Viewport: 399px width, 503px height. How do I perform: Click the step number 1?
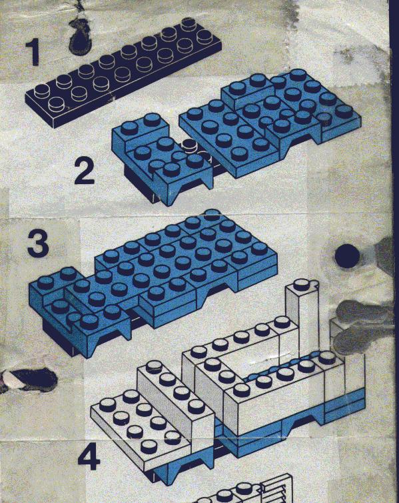[x=33, y=52]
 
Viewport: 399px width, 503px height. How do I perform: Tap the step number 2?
[x=84, y=172]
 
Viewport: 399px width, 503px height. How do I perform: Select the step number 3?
[x=38, y=244]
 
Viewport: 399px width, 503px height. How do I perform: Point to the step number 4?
[x=89, y=459]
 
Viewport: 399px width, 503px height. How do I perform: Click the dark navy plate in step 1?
[x=123, y=72]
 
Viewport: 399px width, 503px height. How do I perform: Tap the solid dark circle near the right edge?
[x=347, y=256]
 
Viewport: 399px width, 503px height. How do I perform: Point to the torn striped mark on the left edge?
[x=27, y=380]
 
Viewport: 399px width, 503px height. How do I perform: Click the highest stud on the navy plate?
[x=189, y=23]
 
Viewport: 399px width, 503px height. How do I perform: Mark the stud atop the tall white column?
[x=300, y=284]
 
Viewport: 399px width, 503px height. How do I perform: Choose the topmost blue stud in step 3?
[x=211, y=215]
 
